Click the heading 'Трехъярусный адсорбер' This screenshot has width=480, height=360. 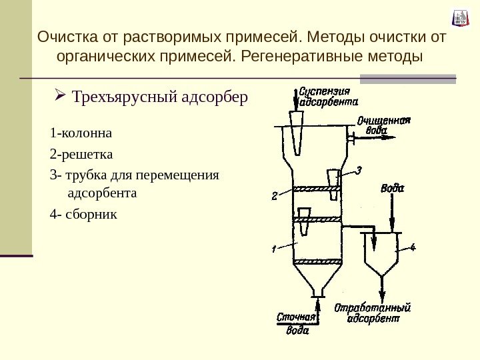tap(160, 98)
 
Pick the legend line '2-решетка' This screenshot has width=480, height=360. tap(81, 155)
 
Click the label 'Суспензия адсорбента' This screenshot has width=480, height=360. tap(327, 97)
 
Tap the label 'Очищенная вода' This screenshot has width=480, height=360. tap(380, 125)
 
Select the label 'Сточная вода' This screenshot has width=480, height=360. tap(297, 323)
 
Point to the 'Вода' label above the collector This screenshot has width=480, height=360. tap(393, 188)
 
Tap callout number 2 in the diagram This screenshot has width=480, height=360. tap(274, 196)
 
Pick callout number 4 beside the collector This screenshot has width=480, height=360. tap(412, 247)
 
